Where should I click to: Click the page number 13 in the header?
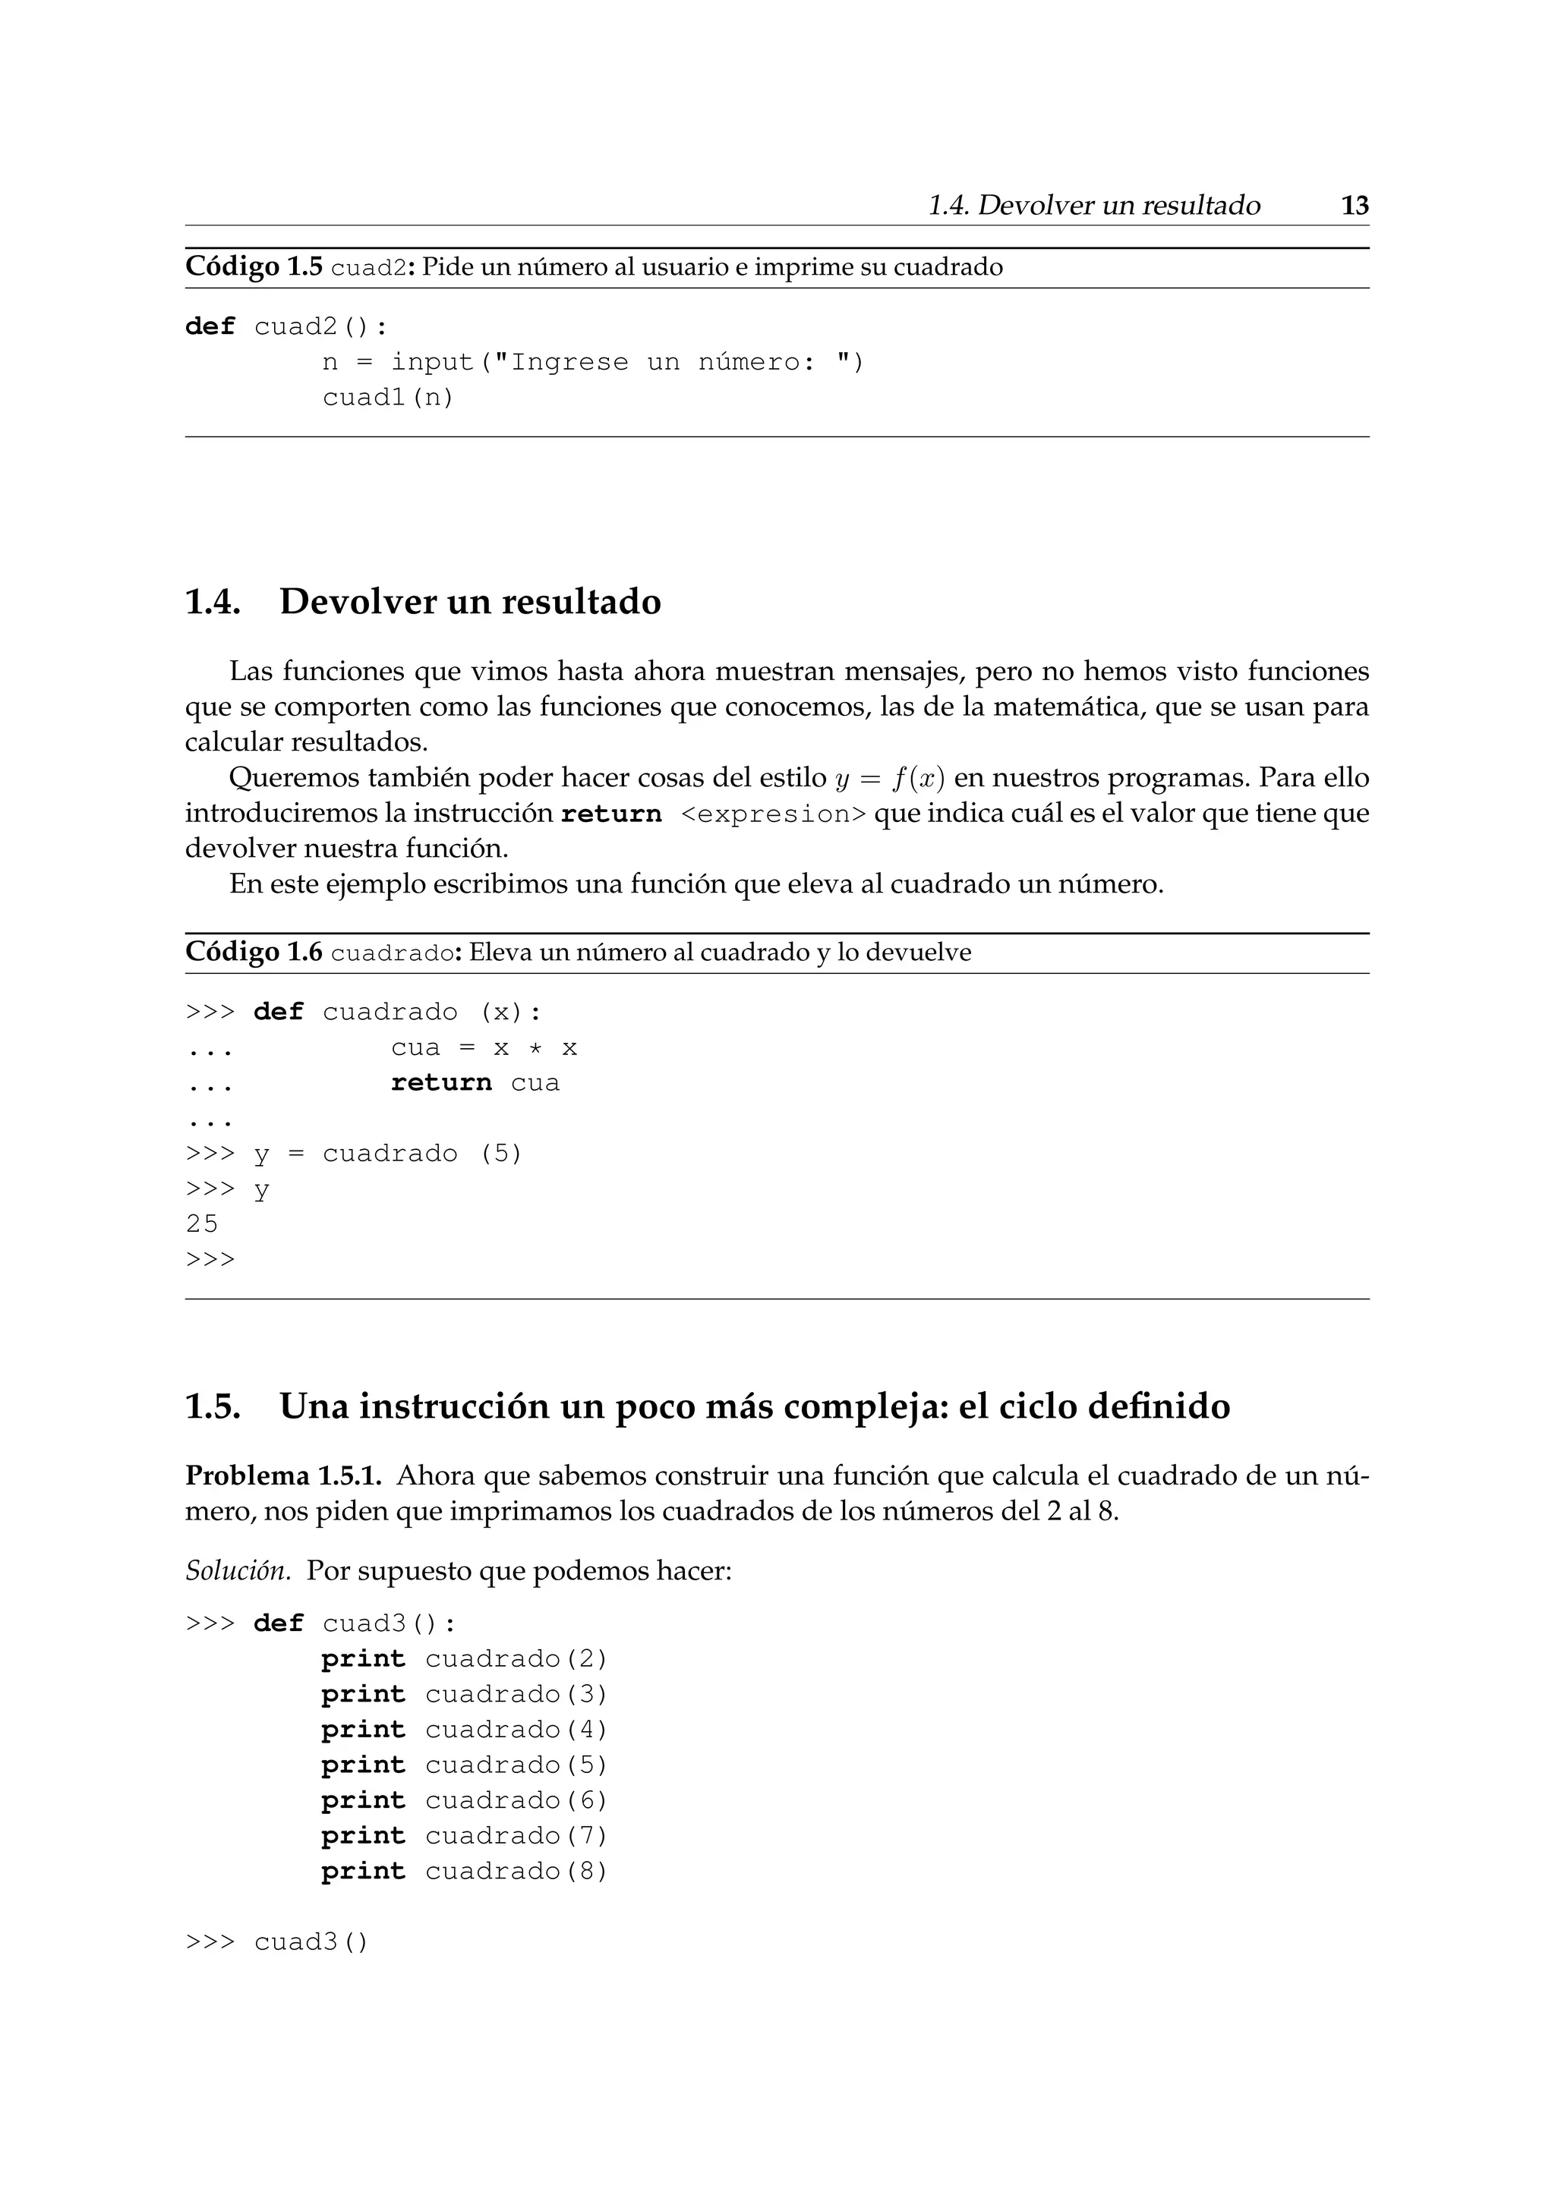(x=1355, y=206)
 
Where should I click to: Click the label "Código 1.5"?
(x=254, y=267)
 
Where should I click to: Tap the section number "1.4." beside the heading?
(x=212, y=602)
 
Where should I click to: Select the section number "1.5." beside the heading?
(x=212, y=1406)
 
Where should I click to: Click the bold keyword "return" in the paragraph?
(x=611, y=814)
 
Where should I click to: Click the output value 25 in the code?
(x=202, y=1223)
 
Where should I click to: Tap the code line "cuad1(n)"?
(x=388, y=397)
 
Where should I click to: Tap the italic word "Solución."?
(x=238, y=1572)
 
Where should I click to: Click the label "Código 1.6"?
(x=254, y=953)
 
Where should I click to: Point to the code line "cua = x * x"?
(x=484, y=1048)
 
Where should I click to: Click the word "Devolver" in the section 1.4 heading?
(x=358, y=602)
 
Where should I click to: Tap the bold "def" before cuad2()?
(x=210, y=327)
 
